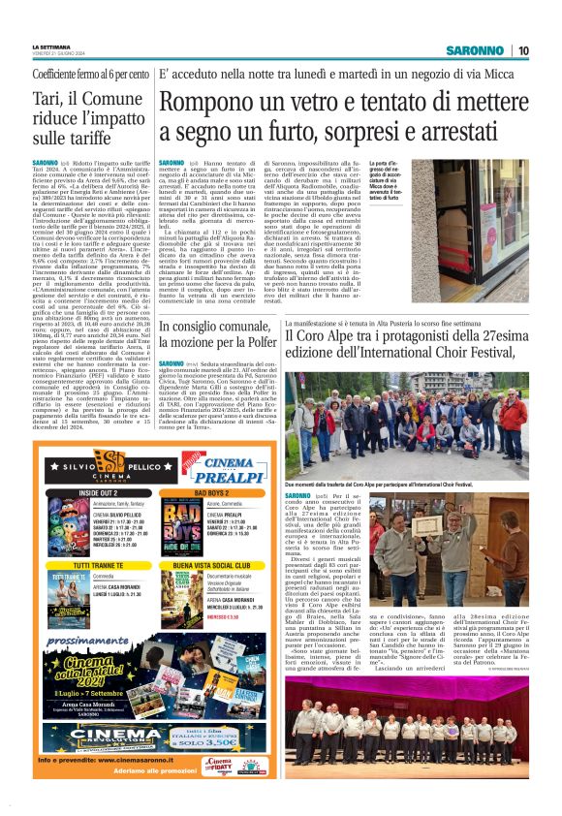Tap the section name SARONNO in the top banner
pyautogui.click(x=475, y=50)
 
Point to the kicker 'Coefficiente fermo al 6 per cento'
pyautogui.click(x=91, y=74)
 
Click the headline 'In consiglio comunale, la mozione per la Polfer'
pyautogui.click(x=218, y=335)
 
